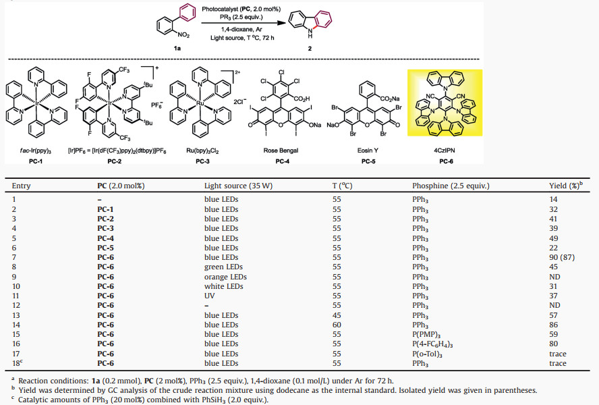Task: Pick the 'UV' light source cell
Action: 210,296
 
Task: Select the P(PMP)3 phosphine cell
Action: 425,333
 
